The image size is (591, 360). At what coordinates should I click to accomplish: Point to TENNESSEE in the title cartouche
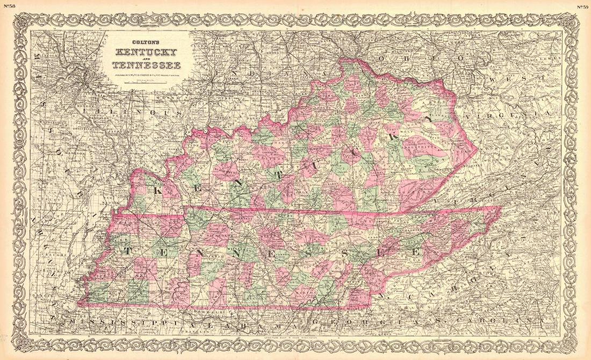pyautogui.click(x=146, y=66)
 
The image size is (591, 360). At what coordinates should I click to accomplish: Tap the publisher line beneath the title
pyautogui.click(x=146, y=74)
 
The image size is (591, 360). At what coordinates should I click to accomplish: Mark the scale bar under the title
pyautogui.click(x=146, y=82)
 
